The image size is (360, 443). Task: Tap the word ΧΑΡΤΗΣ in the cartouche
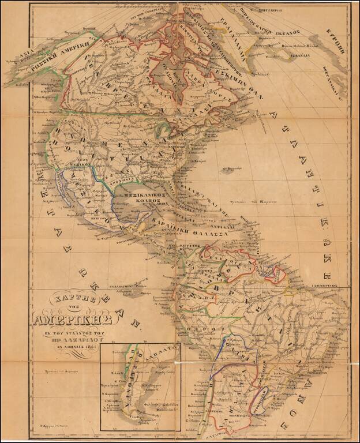click(65, 299)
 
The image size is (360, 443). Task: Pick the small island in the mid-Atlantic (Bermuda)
click(227, 170)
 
